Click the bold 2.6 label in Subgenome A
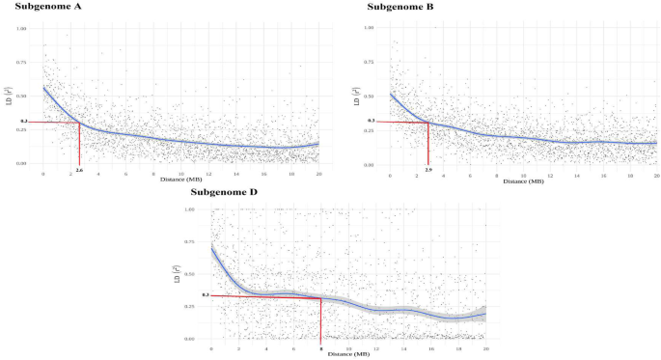click(78, 170)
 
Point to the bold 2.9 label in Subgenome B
click(427, 170)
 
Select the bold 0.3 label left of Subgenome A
click(24, 122)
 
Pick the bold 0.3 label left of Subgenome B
click(371, 121)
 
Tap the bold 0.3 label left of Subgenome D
click(206, 295)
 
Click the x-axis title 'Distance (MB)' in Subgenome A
click(179, 178)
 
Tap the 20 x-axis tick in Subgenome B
click(655, 175)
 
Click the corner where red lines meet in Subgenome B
click(427, 122)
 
